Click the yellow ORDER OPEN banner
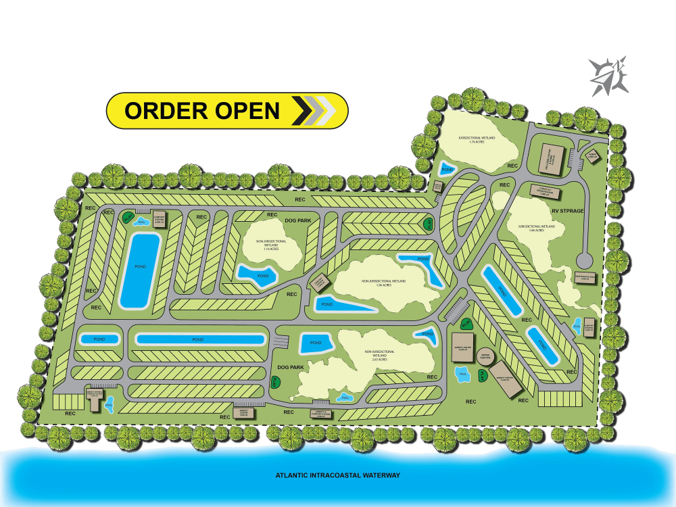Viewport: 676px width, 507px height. [x=227, y=110]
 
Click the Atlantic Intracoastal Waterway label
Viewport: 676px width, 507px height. [x=338, y=475]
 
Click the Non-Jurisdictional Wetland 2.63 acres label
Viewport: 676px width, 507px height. [x=378, y=357]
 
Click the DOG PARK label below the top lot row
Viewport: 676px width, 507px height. [x=297, y=220]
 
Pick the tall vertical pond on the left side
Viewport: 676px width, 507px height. [x=140, y=270]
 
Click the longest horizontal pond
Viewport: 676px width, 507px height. [x=199, y=339]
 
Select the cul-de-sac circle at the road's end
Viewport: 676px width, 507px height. [x=584, y=260]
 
